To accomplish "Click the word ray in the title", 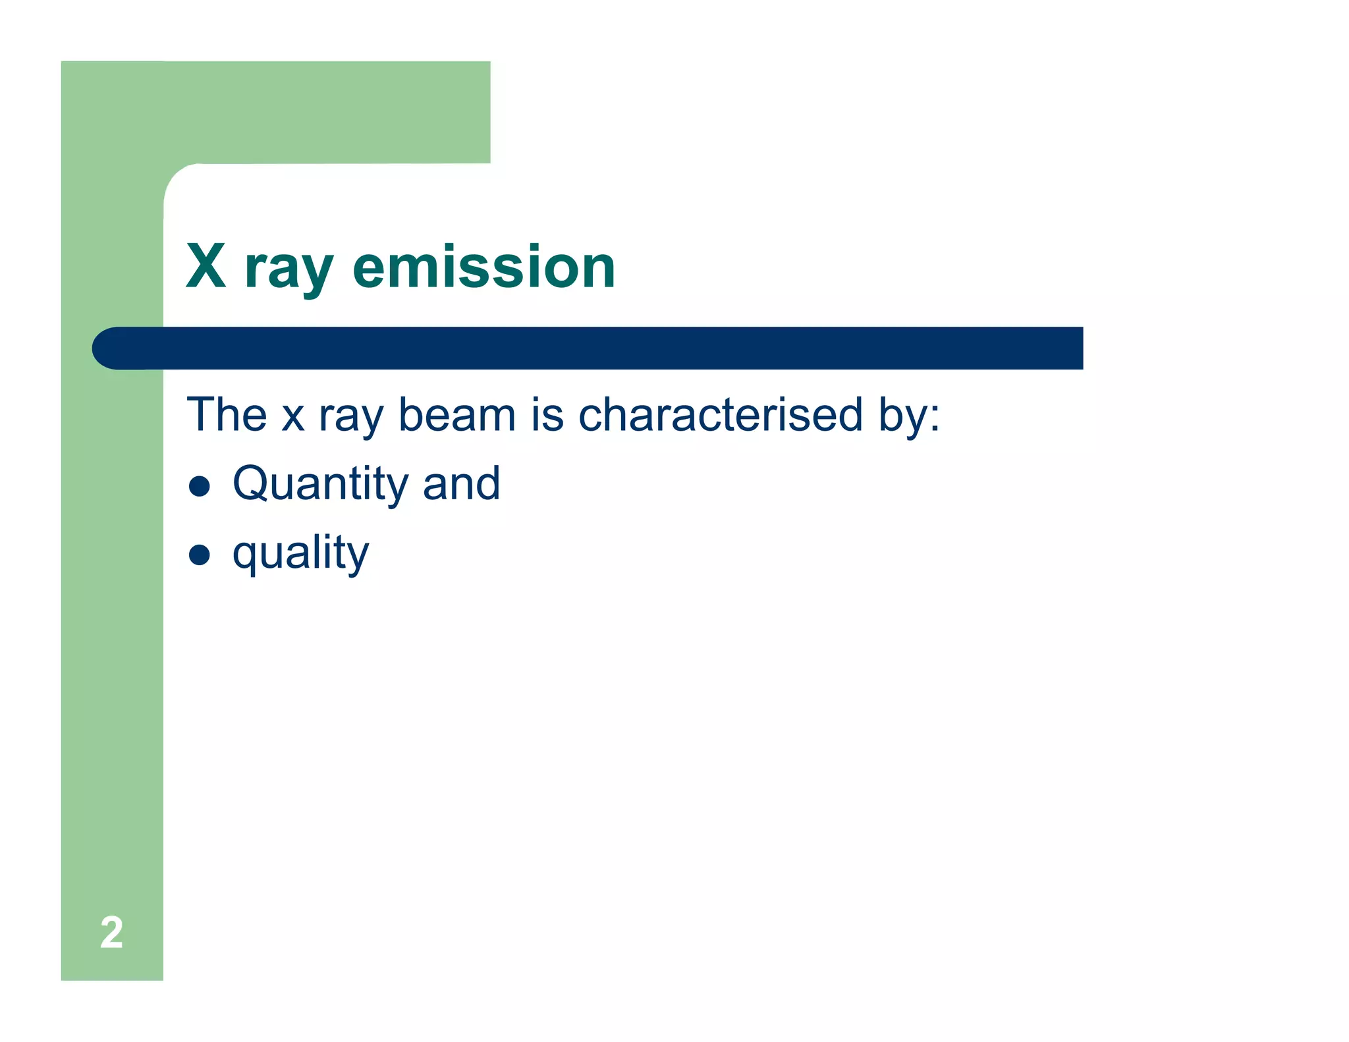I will pos(289,270).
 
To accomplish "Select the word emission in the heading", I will pos(483,267).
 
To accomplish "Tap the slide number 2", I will pos(111,933).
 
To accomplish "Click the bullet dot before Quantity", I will pos(199,486).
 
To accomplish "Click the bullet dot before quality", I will pos(199,555).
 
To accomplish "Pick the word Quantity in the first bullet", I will pos(320,485).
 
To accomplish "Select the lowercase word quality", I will pos(300,553).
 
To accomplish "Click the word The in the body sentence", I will pos(227,414).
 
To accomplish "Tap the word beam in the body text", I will pos(457,415).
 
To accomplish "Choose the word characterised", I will pos(720,414).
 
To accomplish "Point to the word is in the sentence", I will pos(547,415).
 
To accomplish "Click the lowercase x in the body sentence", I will pos(292,418).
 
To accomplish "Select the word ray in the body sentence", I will pos(350,418).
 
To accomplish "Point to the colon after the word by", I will pos(934,417).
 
